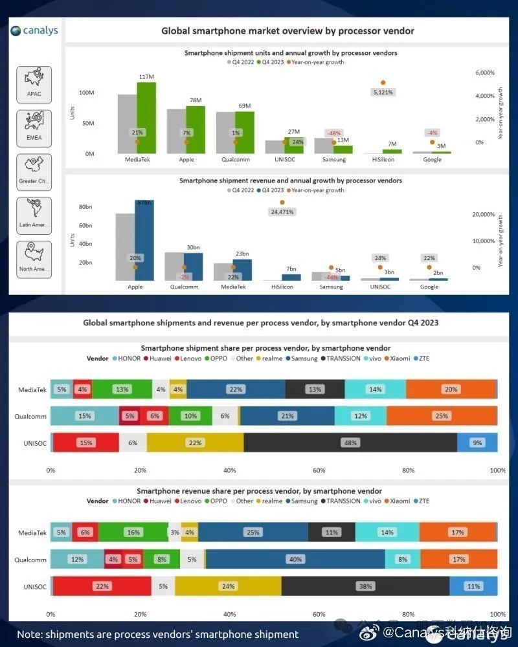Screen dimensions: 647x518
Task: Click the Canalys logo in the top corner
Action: tap(34, 30)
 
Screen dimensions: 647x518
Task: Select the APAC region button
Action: tap(34, 82)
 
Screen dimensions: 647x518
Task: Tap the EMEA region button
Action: tap(34, 126)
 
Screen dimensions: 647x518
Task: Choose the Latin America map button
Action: tap(34, 214)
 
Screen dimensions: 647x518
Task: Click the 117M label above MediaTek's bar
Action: tap(146, 77)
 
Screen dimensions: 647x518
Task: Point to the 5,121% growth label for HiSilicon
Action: tap(383, 93)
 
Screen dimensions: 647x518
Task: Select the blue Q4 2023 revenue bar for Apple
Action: tap(144, 240)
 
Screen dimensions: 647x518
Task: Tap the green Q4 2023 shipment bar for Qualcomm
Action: tap(245, 132)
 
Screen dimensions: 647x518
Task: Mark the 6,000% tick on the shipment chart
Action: tap(485, 72)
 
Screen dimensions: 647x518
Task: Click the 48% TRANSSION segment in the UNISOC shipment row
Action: tap(350, 443)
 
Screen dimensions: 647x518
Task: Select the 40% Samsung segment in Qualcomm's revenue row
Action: tap(295, 559)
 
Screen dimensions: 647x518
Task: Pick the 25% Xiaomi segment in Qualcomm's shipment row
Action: tap(442, 416)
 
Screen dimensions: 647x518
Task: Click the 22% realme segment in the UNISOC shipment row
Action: tap(195, 443)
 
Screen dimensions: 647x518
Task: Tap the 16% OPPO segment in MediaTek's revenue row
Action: tap(133, 532)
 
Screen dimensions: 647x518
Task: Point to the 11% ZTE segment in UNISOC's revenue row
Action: tap(473, 586)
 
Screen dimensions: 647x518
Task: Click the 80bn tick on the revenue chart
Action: tap(85, 207)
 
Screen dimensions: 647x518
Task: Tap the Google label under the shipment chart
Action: tap(432, 159)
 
